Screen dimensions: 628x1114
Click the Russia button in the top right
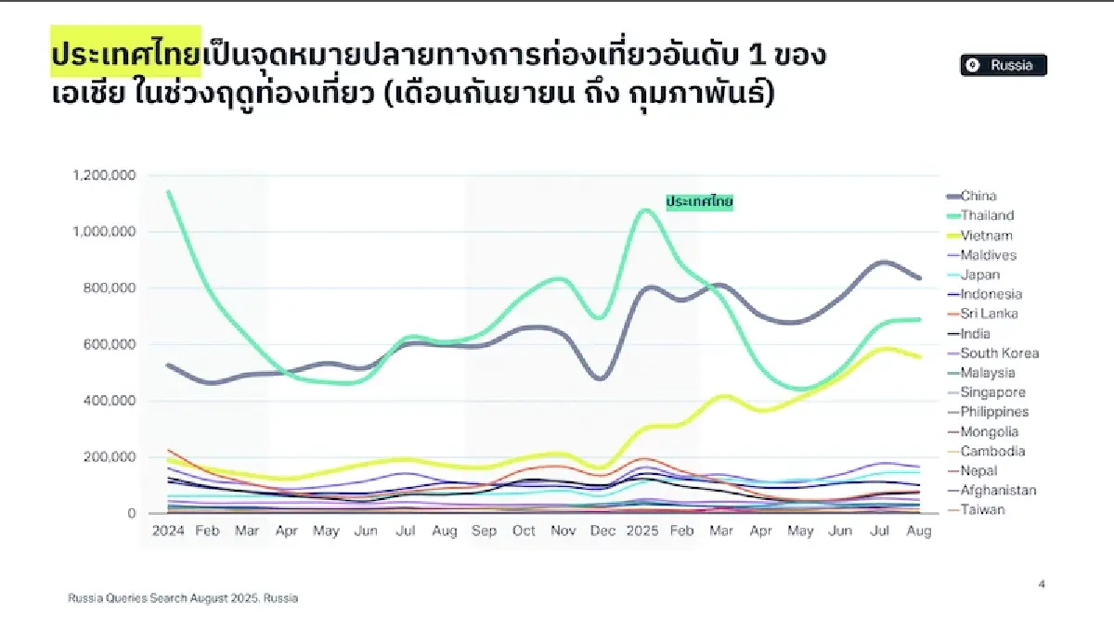point(1004,65)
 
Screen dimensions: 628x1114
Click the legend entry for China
point(978,196)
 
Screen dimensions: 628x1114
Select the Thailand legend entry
point(987,215)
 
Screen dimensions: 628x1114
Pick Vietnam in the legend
point(986,236)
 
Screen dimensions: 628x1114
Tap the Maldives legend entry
point(988,255)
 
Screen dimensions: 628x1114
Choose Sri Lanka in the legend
point(989,314)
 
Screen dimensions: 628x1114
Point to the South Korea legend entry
point(999,353)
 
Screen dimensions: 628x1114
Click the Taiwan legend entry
point(982,509)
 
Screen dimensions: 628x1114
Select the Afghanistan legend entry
point(998,490)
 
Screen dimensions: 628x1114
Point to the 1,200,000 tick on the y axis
point(103,175)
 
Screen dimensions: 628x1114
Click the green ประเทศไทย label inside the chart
point(700,201)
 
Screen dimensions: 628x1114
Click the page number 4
point(1042,584)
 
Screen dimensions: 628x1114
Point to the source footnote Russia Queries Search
point(183,598)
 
